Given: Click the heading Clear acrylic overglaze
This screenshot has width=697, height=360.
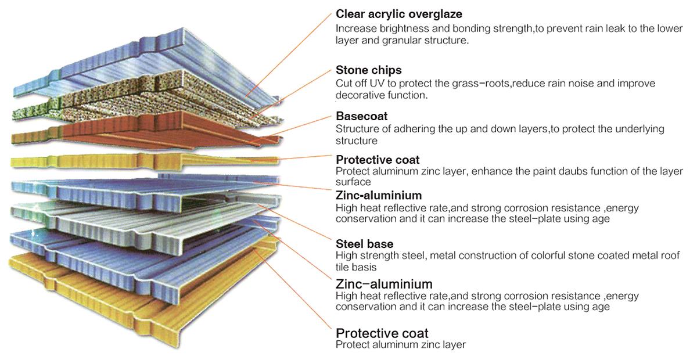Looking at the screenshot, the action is point(399,15).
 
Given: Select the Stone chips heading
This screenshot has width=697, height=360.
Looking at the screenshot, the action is point(369,70).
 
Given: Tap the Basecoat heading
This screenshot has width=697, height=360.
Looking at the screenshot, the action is point(361,116).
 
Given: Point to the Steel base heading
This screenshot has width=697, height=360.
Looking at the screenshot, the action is point(364,244).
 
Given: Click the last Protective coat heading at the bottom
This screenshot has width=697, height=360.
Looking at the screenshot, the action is point(382,333).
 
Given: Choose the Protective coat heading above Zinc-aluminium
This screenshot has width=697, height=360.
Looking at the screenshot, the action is point(378,160).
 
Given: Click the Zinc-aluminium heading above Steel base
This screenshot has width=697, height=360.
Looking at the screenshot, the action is point(379,196).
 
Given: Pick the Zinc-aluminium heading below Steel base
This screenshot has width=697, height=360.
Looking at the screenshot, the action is point(384,284).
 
